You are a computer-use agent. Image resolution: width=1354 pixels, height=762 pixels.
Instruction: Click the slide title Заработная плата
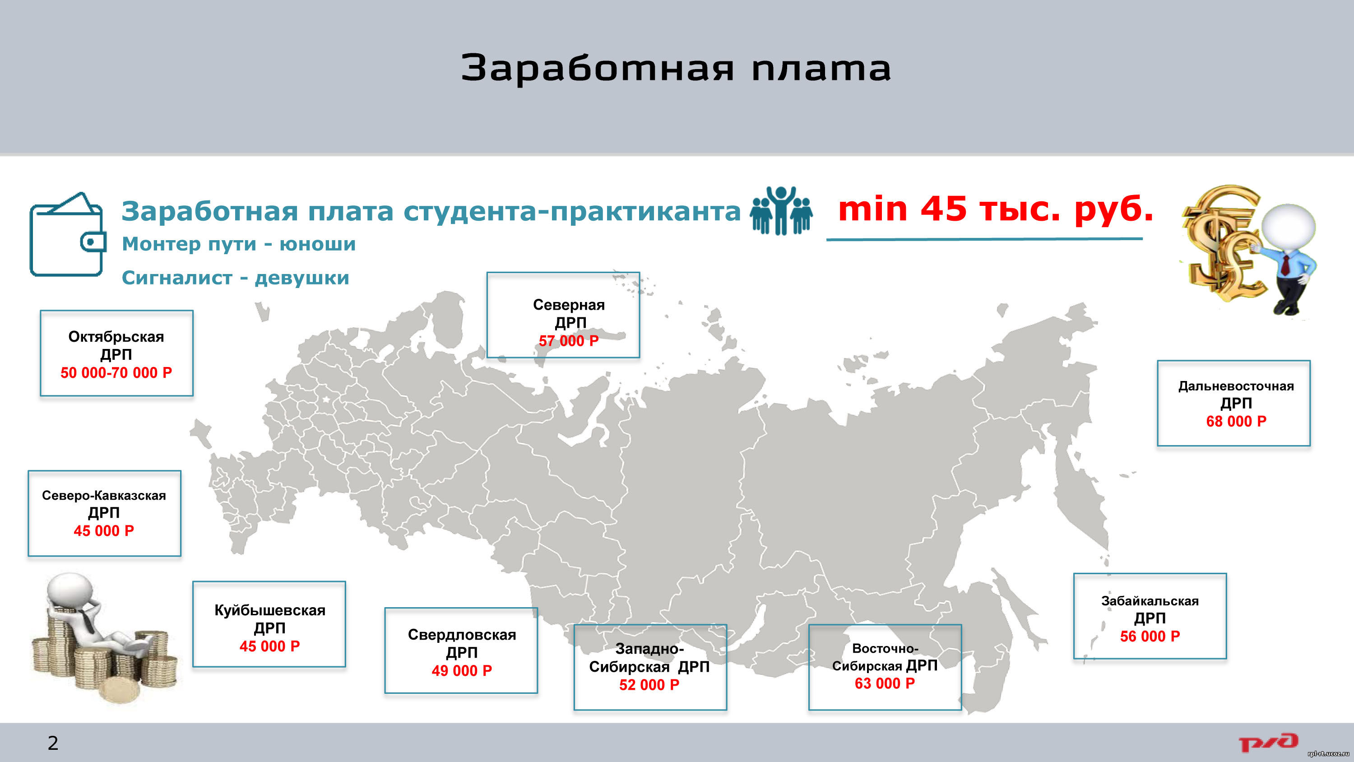coord(676,67)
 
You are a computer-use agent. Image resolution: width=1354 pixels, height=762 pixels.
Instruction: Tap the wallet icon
coord(68,235)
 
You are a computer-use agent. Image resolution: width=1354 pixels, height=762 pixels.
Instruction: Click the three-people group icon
coord(781,210)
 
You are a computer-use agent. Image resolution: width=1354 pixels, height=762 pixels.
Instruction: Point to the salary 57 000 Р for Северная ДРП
coord(569,341)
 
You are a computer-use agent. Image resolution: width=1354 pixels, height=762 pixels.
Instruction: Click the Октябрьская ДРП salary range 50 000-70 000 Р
coord(116,373)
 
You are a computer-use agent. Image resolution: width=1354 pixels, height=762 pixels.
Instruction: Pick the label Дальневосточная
coord(1236,386)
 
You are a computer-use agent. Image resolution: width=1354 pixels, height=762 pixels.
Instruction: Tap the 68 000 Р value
coord(1236,421)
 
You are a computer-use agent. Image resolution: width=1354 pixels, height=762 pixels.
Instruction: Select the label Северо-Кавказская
coord(104,495)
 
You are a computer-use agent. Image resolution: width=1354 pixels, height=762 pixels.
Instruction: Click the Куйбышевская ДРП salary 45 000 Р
coord(269,646)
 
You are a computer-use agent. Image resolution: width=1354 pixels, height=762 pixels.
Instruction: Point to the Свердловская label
coord(462,635)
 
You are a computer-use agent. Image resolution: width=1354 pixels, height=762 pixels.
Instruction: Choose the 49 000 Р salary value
coord(462,670)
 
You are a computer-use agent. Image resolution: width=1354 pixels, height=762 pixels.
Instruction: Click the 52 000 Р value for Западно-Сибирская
coord(649,685)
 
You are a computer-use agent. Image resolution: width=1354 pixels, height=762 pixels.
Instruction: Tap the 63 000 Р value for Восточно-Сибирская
coord(885,683)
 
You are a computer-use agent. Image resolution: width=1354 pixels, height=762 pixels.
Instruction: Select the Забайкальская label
coord(1150,601)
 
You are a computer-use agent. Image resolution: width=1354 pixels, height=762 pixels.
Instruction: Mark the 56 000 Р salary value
coord(1150,637)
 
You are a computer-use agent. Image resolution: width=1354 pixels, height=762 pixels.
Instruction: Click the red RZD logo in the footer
coord(1268,743)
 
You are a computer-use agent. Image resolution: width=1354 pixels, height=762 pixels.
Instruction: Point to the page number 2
coord(53,743)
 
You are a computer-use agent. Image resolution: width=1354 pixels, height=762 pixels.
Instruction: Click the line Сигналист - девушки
coord(236,278)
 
